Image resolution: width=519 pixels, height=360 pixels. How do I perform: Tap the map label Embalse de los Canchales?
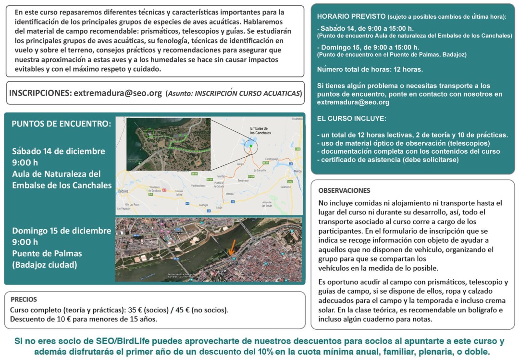point(260,131)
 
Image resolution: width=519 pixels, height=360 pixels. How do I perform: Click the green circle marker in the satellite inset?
point(150,132)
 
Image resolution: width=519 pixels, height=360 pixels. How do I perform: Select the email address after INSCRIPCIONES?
point(118,93)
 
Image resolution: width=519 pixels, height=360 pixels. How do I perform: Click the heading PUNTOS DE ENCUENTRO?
point(61,124)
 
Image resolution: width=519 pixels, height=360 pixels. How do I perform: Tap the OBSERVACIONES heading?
point(344,190)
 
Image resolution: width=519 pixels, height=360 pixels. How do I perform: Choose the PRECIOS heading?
point(24,299)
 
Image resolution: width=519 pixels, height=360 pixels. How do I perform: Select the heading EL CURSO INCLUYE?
point(351,118)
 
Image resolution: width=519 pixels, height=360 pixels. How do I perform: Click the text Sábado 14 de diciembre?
point(59,151)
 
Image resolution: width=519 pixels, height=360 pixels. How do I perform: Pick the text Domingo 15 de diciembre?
point(62,230)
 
